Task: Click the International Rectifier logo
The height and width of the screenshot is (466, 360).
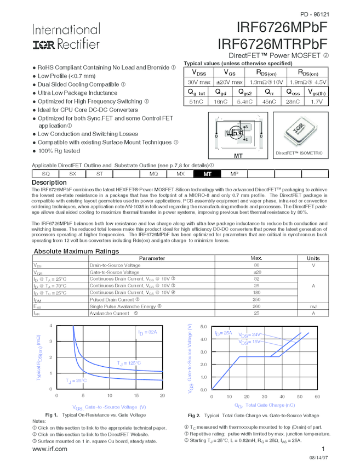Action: coord(66,36)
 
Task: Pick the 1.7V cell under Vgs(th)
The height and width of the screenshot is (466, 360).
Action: coord(317,101)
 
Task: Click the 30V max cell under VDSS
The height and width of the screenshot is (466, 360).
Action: coord(199,81)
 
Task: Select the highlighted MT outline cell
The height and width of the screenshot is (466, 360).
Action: coord(207,174)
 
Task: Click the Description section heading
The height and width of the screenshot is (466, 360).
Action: coord(49,183)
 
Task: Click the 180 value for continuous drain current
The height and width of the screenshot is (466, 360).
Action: coord(256,293)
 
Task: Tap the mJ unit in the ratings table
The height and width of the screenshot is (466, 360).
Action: coord(313,306)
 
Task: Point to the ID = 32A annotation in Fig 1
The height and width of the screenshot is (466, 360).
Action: coord(147,333)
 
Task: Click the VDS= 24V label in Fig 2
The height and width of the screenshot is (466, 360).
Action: coord(250,334)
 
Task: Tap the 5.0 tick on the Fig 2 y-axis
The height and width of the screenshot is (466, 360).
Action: coord(203,327)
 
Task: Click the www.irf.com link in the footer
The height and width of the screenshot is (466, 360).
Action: coord(50,448)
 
